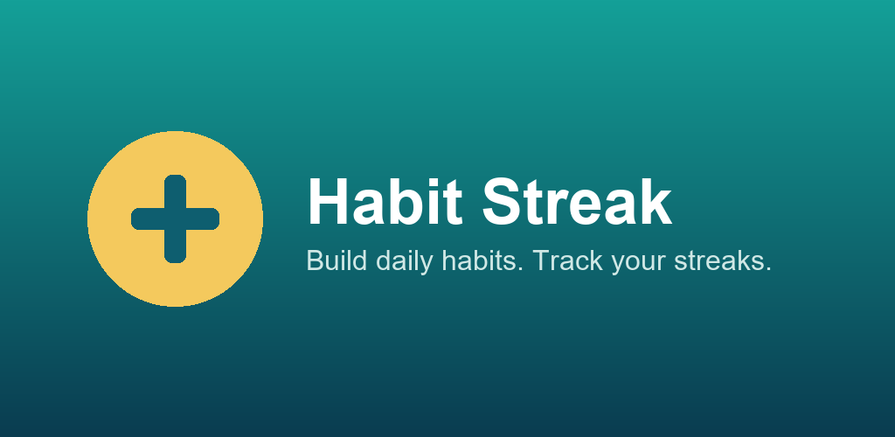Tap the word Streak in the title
tap(578, 202)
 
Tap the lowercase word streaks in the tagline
tap(722, 261)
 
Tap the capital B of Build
tap(314, 260)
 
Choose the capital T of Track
tap(540, 260)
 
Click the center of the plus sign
tap(175, 218)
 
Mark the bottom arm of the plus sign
tap(175, 248)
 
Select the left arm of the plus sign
tap(145, 218)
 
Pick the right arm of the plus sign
tap(205, 218)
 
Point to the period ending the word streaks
tap(768, 269)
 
